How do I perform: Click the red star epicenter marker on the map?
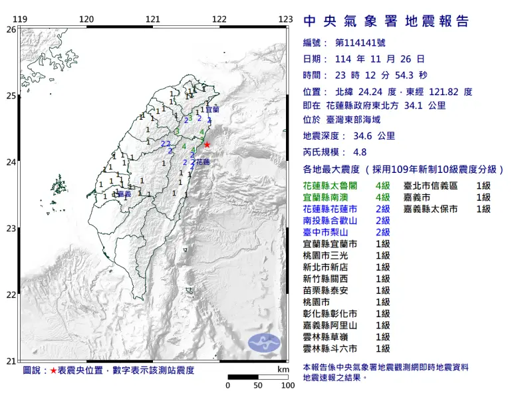(x=207, y=144)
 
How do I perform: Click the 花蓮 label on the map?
(x=203, y=162)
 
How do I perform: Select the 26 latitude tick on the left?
(x=11, y=29)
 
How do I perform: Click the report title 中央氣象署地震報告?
(x=386, y=21)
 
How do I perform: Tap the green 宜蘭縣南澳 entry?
(x=330, y=198)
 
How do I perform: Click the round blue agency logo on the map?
(x=264, y=343)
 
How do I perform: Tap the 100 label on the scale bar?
(x=287, y=386)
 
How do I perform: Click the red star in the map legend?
(x=54, y=370)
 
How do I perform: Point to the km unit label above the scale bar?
(x=283, y=370)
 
